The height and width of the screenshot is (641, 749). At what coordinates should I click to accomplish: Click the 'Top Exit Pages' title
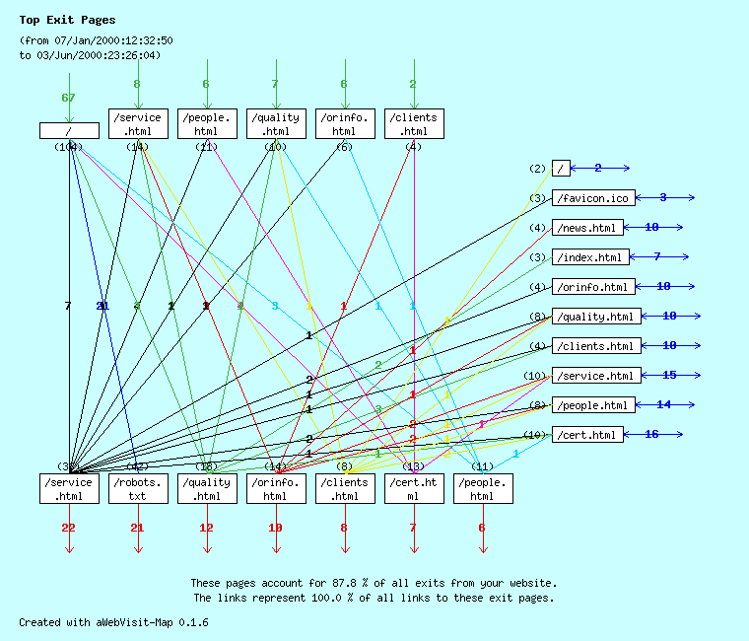67,20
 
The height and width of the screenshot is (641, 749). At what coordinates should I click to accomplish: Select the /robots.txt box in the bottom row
137,488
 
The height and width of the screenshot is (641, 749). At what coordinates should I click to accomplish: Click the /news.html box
587,228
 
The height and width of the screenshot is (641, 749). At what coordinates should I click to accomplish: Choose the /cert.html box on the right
587,435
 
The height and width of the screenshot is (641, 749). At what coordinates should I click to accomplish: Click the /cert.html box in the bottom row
413,488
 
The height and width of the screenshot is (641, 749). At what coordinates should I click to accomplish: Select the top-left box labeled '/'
69,130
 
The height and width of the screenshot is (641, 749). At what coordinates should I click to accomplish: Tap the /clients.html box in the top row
413,123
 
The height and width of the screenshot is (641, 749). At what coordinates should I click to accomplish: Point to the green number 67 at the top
68,98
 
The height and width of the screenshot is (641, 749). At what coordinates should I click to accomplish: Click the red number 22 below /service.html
68,528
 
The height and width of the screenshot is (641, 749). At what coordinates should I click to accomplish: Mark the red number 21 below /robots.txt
137,528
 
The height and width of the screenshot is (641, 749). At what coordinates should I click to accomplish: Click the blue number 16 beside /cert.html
651,434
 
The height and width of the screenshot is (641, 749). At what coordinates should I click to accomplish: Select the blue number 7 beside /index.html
656,256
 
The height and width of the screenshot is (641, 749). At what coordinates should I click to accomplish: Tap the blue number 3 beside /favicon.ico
663,197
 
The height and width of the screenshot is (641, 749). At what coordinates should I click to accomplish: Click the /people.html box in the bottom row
482,488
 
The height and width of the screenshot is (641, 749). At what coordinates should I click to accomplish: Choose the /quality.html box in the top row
275,123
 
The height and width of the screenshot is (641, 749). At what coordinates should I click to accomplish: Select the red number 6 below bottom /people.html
482,528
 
